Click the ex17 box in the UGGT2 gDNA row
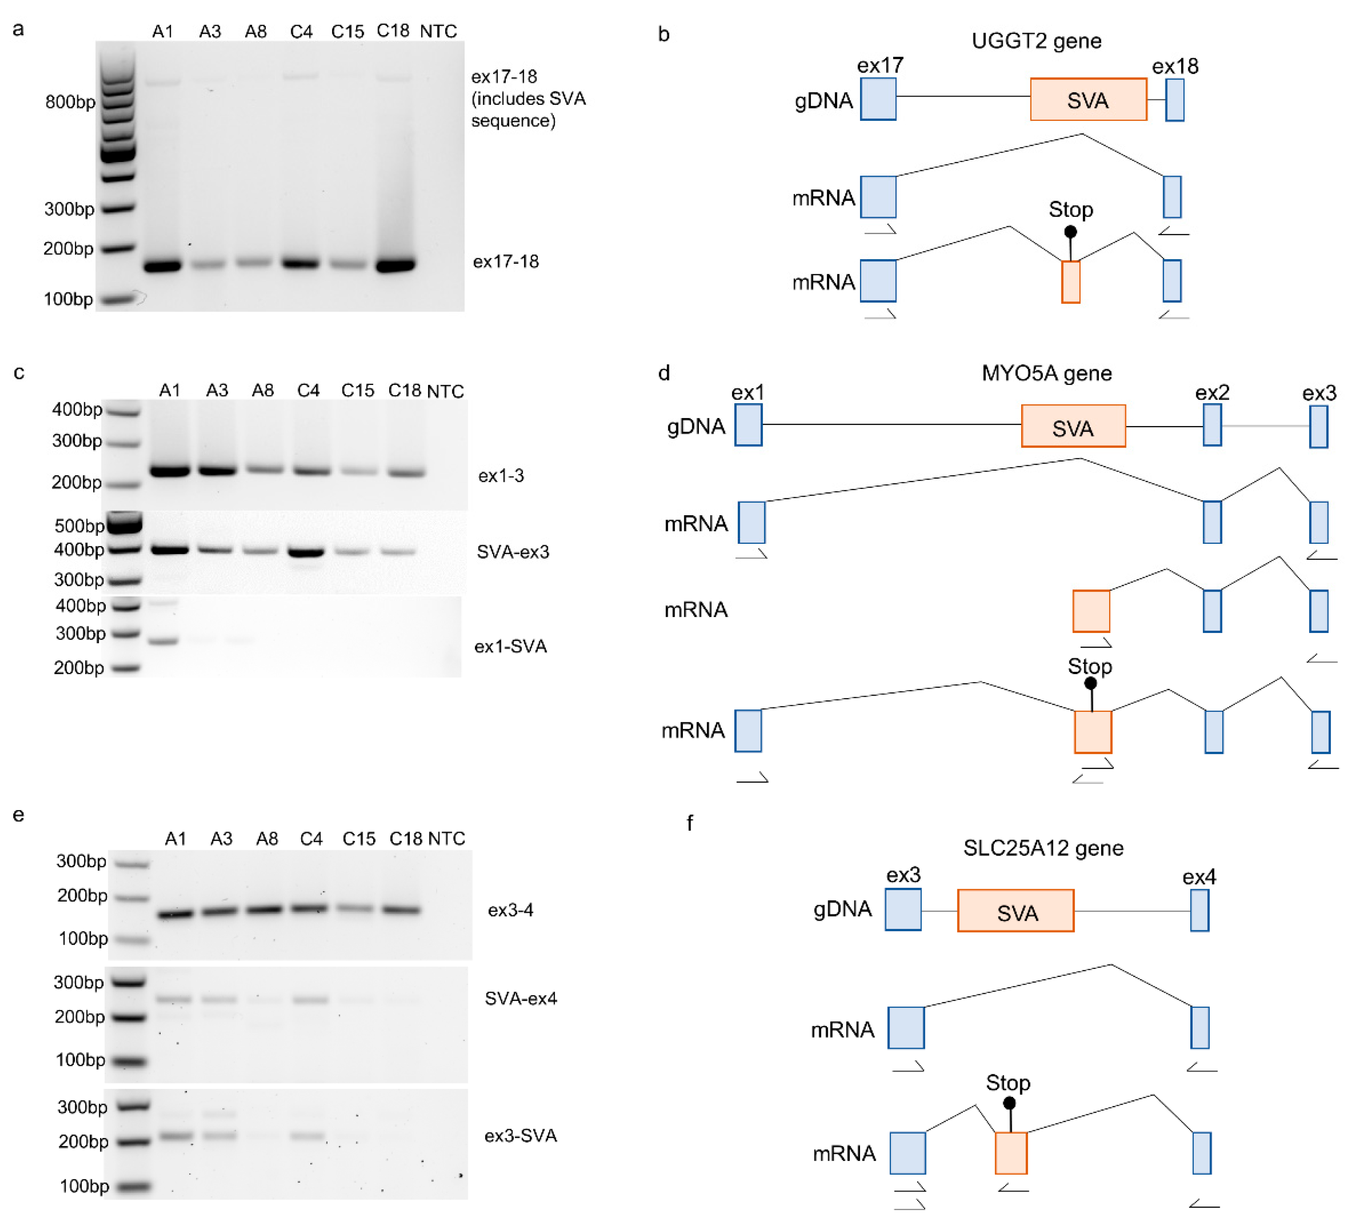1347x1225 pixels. click(878, 99)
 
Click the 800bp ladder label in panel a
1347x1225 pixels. click(70, 102)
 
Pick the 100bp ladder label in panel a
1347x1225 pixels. click(68, 298)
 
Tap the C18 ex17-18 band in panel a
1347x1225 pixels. click(395, 265)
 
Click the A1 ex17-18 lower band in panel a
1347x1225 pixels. click(162, 266)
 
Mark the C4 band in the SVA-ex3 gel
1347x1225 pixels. click(306, 552)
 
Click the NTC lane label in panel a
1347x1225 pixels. click(438, 31)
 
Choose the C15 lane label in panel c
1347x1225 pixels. click(358, 391)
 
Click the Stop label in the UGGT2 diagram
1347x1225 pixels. click(1070, 210)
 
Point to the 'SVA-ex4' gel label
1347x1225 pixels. click(520, 998)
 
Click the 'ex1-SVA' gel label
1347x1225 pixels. click(511, 646)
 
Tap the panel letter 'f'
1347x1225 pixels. click(690, 823)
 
